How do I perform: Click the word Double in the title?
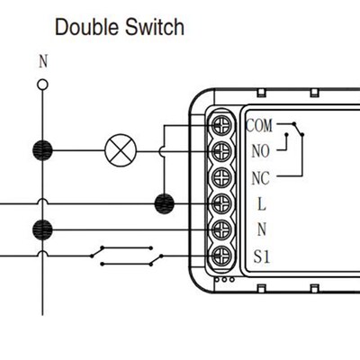[87, 27]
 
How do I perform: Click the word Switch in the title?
[155, 27]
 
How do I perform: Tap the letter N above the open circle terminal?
[43, 61]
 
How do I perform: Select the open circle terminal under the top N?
[42, 85]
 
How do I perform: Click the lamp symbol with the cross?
[121, 150]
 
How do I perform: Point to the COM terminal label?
[259, 125]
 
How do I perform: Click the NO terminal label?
[260, 151]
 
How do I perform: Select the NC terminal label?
[260, 178]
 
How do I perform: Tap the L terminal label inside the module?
[262, 204]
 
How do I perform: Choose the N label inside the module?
[262, 229]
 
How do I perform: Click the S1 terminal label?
[262, 256]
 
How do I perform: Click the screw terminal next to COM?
[221, 125]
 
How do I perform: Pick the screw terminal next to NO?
[221, 151]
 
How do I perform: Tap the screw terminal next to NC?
[221, 177]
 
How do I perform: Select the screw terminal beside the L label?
[221, 203]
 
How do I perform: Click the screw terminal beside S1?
[221, 256]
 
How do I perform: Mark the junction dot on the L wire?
[164, 203]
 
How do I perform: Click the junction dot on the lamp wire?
[42, 150]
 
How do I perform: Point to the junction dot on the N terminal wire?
[42, 229]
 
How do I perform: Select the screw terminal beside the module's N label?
[221, 229]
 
